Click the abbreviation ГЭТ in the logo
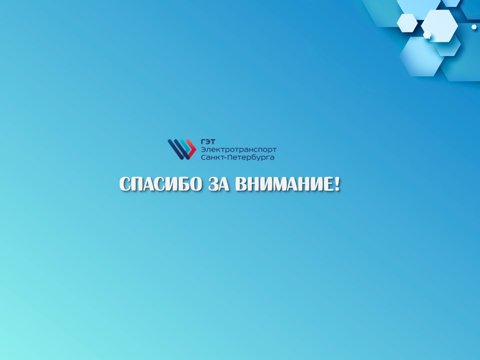(208, 141)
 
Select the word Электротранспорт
(239, 149)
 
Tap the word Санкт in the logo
(212, 157)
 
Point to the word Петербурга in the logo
(250, 157)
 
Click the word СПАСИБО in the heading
(160, 184)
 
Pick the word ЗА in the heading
(219, 184)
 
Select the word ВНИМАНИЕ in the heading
(284, 184)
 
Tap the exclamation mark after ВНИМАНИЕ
(337, 184)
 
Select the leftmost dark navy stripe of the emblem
(175, 149)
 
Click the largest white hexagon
(439, 25)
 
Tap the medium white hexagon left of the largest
(407, 23)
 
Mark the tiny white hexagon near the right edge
(474, 27)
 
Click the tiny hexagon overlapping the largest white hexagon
(427, 34)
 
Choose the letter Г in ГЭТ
(203, 141)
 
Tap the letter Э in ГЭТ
(208, 141)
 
